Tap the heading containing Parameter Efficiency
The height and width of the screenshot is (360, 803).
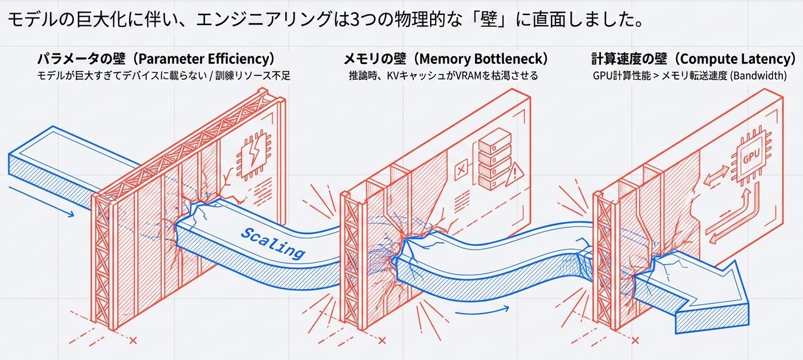156,60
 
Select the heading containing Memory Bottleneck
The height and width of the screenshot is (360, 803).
446,60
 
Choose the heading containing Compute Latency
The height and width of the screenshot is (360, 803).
693,60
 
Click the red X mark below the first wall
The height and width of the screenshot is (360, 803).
132,341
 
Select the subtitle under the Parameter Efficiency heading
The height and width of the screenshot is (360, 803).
163,76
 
